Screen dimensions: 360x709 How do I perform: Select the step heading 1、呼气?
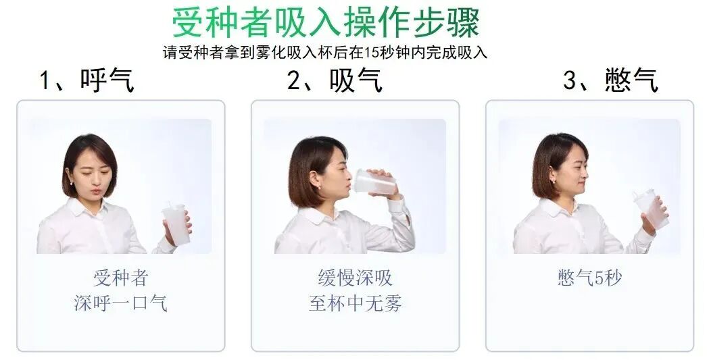click(x=87, y=80)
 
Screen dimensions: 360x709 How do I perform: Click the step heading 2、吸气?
click(x=335, y=80)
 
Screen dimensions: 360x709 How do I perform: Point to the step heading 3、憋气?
click(x=610, y=80)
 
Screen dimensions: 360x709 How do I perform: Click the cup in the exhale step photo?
click(x=172, y=224)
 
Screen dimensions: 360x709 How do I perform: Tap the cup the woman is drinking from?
click(x=372, y=182)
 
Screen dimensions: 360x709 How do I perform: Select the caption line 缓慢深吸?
click(x=355, y=278)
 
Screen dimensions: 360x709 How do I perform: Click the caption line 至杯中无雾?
click(x=355, y=303)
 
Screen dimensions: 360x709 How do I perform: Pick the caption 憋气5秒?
click(x=589, y=278)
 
